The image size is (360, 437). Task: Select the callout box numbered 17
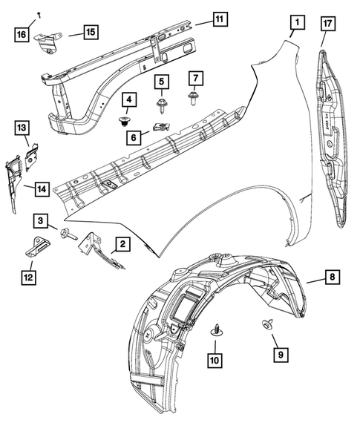[x=327, y=24]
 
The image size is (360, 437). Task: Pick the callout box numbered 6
[x=134, y=137]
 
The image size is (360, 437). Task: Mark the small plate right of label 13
[x=33, y=154]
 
